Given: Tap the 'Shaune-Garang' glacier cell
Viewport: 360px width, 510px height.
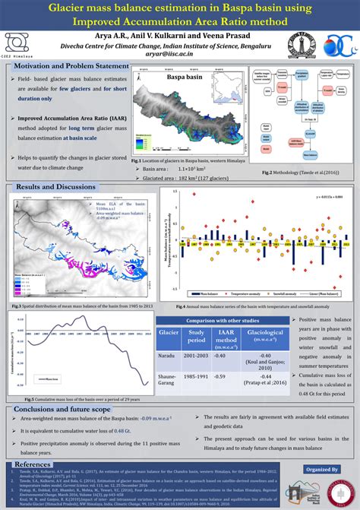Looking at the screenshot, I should tap(168, 380).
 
